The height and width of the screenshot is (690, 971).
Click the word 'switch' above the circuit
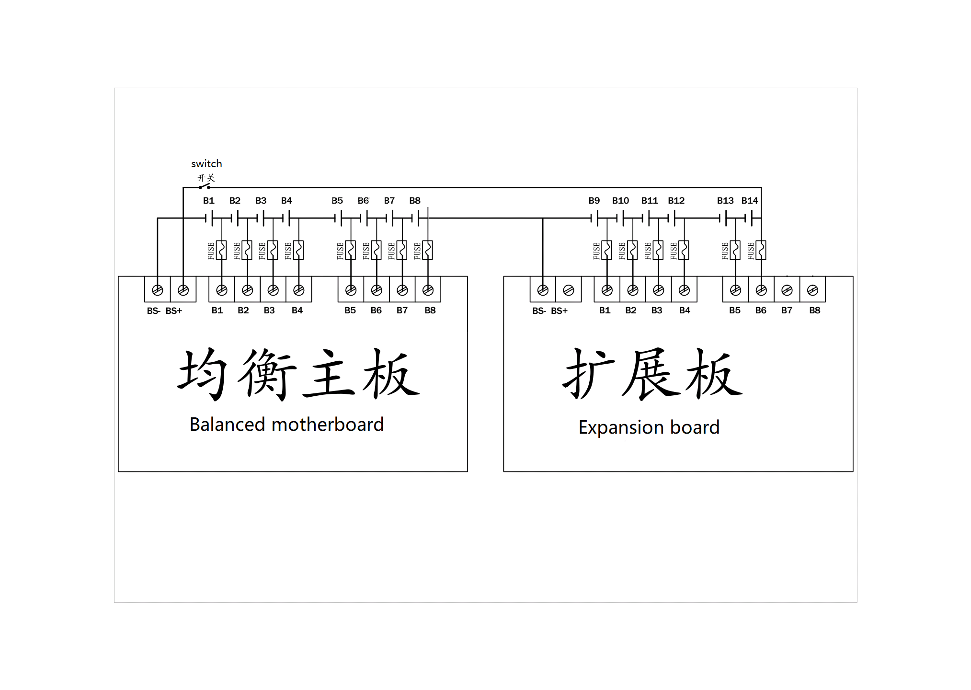(206, 164)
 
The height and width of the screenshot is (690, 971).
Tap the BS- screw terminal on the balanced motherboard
(157, 290)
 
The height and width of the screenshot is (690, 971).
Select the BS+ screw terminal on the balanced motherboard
(183, 290)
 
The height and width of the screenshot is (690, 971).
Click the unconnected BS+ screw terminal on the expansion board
(569, 290)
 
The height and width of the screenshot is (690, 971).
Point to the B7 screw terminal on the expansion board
(787, 290)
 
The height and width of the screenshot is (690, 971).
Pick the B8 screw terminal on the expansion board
(812, 290)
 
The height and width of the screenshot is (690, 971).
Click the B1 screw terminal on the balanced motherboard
(221, 290)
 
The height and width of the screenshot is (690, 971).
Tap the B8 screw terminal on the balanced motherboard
(428, 290)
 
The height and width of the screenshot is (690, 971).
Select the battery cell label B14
(750, 201)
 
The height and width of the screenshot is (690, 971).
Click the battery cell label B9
(594, 201)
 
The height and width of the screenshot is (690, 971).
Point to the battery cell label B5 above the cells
(337, 201)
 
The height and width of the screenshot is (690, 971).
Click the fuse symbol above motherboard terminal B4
(298, 250)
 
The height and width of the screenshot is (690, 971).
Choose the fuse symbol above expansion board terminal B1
(607, 250)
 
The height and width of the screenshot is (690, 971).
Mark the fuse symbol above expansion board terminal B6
(761, 250)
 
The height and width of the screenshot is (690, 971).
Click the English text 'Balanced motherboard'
(286, 425)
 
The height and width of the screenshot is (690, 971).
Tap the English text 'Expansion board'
(649, 427)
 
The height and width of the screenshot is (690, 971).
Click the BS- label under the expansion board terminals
(539, 311)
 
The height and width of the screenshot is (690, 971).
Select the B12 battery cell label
(676, 201)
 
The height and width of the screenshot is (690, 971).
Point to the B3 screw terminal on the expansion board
(658, 290)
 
